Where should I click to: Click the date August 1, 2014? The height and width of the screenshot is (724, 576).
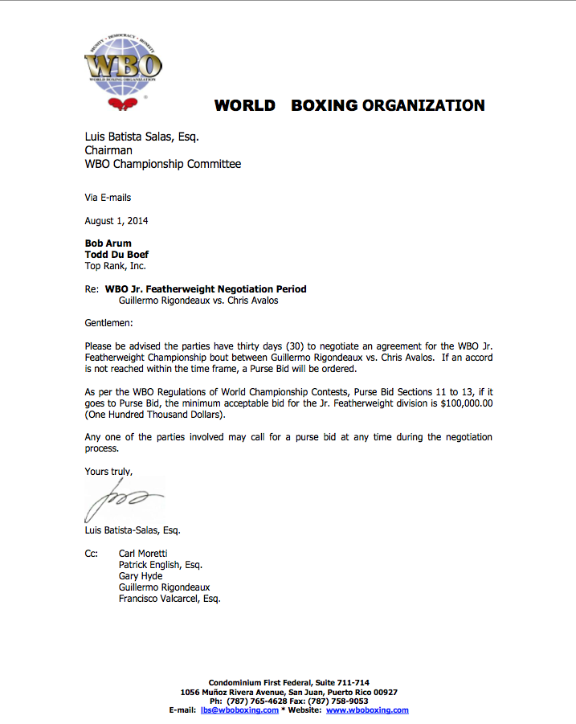tap(116, 221)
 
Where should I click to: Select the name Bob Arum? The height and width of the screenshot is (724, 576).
tap(108, 243)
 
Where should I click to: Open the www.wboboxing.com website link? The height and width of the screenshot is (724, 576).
tap(367, 710)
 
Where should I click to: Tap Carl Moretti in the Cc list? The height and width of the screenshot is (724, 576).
tap(144, 554)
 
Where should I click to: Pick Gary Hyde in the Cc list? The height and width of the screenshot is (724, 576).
tap(141, 576)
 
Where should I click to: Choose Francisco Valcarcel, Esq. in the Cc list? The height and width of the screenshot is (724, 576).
tap(170, 599)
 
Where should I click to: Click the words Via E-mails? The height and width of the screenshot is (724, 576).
tap(108, 198)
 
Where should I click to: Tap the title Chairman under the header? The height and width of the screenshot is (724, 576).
tap(109, 150)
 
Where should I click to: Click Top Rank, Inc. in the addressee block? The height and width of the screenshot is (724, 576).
tap(116, 265)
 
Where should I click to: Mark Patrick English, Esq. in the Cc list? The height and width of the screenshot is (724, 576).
tap(161, 565)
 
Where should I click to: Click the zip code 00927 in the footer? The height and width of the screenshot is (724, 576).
tap(382, 692)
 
